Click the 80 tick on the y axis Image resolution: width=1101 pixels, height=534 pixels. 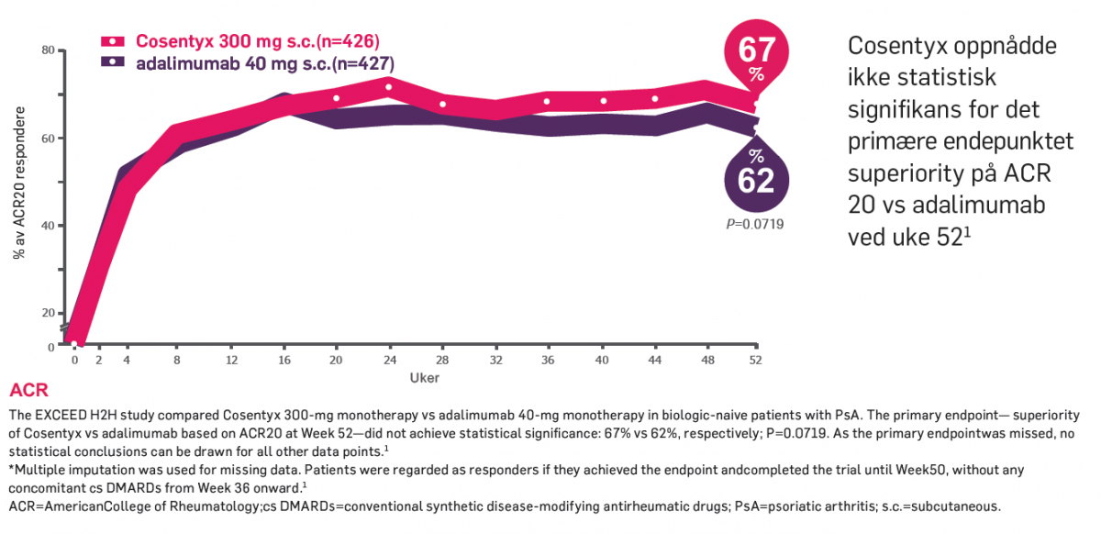(x=48, y=50)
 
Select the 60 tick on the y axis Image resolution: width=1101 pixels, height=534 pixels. (x=48, y=139)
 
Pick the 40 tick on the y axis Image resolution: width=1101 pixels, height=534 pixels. (x=48, y=226)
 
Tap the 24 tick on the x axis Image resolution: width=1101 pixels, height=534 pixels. (x=389, y=360)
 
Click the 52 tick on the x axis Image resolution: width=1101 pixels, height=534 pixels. (x=755, y=360)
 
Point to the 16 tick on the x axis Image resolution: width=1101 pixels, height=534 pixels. (x=285, y=360)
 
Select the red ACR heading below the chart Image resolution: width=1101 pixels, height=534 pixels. (x=28, y=392)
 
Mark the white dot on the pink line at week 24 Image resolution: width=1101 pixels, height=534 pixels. (x=389, y=88)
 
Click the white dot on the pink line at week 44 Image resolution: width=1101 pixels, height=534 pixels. (x=655, y=99)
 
